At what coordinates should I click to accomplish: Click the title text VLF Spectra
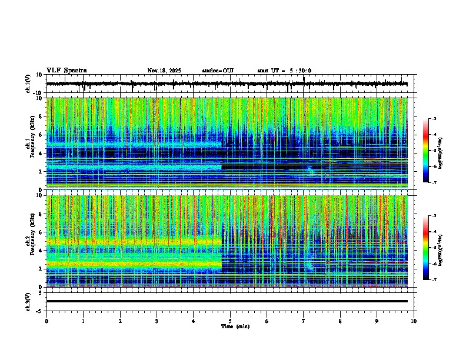66,71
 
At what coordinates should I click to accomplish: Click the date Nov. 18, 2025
164,71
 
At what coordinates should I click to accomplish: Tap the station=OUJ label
218,71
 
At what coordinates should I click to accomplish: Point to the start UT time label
284,71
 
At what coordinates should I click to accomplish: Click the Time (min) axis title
235,326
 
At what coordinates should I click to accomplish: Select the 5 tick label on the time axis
230,321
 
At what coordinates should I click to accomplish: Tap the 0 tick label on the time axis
46,321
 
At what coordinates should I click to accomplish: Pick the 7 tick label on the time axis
304,321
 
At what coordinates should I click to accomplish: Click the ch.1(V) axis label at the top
28,84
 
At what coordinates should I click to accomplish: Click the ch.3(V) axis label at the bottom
28,301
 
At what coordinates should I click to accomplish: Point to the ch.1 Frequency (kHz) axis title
29,144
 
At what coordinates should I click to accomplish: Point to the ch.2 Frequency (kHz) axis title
29,241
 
